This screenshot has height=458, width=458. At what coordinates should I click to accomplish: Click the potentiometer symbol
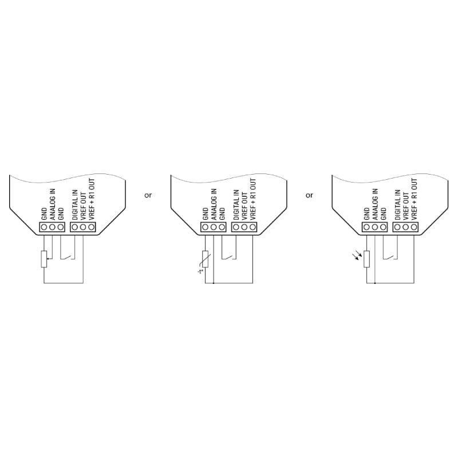(44, 259)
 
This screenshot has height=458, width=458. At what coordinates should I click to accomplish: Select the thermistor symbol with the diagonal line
(206, 259)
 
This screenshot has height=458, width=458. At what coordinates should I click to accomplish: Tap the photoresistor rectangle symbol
(366, 259)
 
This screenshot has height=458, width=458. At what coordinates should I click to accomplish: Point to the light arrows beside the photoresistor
(357, 256)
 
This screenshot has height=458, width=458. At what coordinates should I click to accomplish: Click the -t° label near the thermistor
(200, 271)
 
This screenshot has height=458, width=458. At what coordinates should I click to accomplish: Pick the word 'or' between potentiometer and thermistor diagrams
(148, 195)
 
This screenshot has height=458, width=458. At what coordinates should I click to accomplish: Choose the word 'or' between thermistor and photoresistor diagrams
(309, 195)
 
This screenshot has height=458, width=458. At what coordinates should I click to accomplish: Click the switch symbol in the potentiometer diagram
(68, 257)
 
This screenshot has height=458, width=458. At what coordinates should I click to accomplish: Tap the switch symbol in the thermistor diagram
(228, 257)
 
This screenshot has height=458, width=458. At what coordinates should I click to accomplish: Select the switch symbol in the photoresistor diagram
(390, 257)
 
